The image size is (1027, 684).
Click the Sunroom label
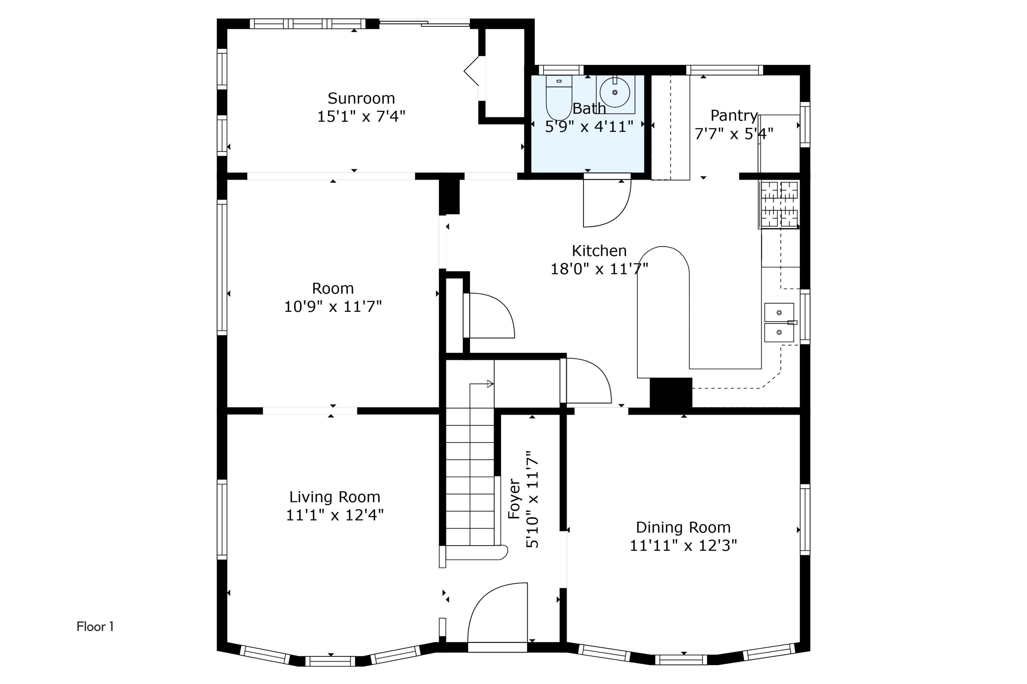point(361,98)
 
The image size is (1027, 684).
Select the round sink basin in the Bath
point(614,92)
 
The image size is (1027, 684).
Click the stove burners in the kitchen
point(779,204)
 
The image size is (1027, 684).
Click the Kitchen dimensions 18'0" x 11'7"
point(599,269)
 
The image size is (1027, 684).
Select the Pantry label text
point(734,116)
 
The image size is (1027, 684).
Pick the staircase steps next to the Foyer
point(470,475)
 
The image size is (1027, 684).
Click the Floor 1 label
point(95,627)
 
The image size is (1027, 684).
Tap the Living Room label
point(334,497)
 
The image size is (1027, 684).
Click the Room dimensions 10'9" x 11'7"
point(333,307)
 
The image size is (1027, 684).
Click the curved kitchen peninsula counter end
point(663,262)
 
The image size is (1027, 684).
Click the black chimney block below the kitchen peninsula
point(671,393)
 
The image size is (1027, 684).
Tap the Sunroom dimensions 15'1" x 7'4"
point(361,117)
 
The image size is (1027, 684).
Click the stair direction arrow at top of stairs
point(490,384)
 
